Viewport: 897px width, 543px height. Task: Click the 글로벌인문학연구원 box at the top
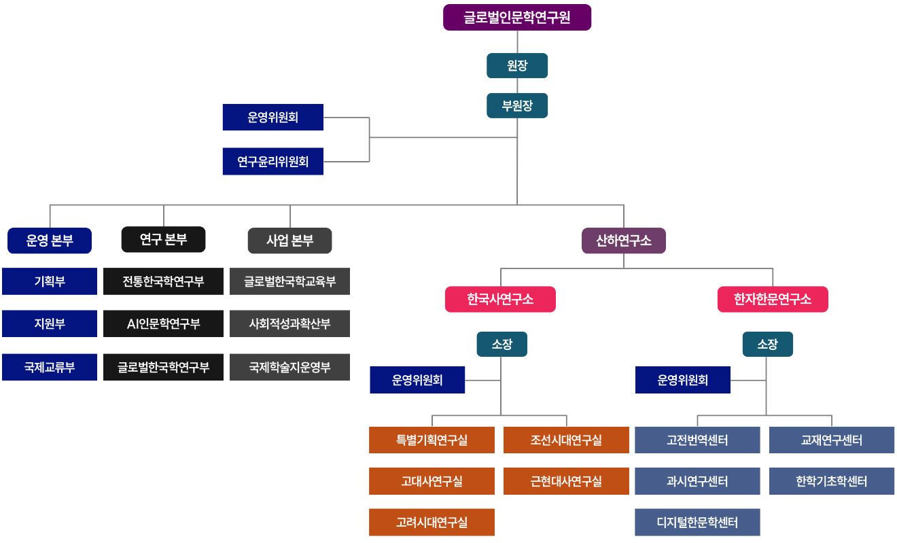point(517,18)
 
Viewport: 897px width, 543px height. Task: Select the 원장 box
point(517,66)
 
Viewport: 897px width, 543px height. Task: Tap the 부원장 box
point(517,105)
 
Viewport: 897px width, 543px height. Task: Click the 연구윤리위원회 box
point(273,162)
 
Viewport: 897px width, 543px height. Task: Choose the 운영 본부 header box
point(50,240)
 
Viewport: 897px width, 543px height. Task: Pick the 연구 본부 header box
point(163,239)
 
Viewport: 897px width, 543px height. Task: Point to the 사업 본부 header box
point(289,240)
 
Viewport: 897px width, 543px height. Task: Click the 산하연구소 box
point(624,240)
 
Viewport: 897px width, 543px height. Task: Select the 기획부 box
point(50,281)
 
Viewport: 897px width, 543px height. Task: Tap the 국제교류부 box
point(50,367)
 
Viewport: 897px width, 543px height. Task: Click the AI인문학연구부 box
point(163,323)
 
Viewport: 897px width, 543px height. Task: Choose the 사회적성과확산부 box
point(289,323)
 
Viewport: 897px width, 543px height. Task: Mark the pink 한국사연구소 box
point(500,299)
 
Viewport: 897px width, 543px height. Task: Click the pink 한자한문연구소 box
point(773,299)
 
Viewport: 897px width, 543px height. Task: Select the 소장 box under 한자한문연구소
point(767,344)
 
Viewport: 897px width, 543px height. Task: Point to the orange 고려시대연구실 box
point(432,523)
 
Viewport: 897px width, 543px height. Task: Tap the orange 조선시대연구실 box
point(566,440)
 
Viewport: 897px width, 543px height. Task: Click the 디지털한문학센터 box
point(697,523)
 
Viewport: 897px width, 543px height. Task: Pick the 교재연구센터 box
point(831,440)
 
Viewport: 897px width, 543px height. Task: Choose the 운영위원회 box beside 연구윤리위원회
point(273,117)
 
